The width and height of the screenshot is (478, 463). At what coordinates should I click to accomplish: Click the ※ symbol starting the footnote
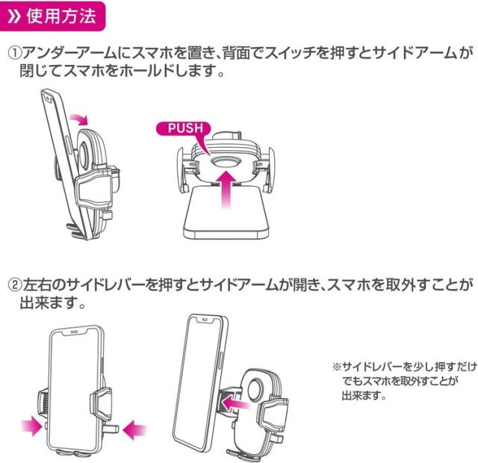point(335,367)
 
